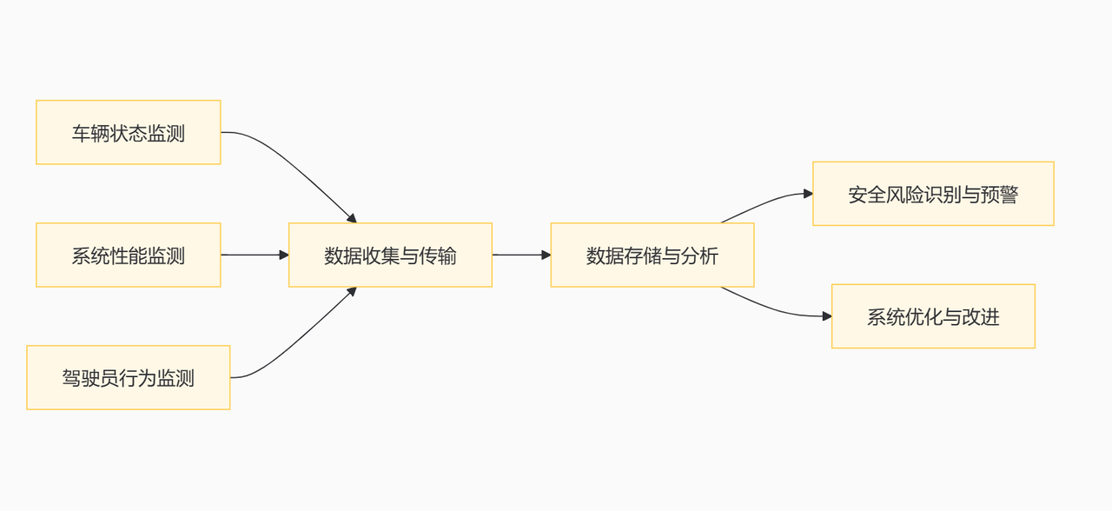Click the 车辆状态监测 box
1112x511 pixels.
[x=128, y=132]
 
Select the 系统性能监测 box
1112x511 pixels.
[x=128, y=255]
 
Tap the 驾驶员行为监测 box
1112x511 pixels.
[x=128, y=377]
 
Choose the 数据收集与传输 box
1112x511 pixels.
[x=390, y=255]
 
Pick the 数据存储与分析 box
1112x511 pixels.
[x=652, y=255]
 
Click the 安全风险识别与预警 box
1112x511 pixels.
[x=933, y=194]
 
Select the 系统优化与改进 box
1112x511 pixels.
[x=933, y=316]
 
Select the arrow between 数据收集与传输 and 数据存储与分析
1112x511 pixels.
[x=520, y=255]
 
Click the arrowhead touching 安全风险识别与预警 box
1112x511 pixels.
[x=808, y=194]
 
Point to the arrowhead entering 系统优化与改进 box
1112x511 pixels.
[x=827, y=316]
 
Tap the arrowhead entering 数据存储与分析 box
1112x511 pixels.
[x=546, y=255]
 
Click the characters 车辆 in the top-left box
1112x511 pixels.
[x=90, y=133]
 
